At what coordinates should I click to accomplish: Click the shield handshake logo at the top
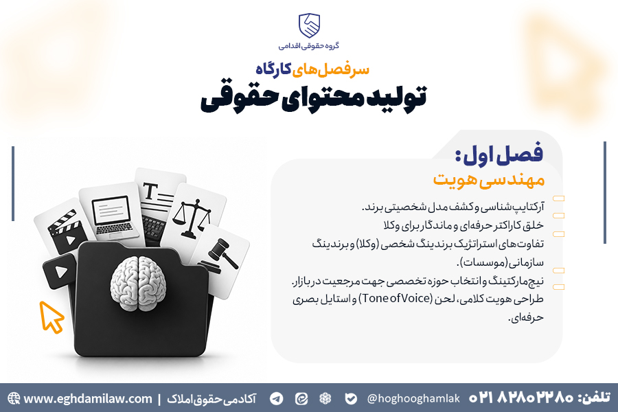309,25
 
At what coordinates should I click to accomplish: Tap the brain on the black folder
138,283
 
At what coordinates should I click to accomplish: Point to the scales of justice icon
192,218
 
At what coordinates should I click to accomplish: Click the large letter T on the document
150,192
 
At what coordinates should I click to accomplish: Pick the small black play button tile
60,271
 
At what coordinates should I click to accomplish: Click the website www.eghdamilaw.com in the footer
87,398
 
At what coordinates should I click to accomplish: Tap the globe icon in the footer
14,398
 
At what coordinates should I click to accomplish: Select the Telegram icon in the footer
277,398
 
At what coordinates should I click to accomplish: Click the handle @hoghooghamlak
413,398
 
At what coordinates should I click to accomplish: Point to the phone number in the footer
521,398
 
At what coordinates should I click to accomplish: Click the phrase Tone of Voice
396,299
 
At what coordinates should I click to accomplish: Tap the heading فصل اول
499,154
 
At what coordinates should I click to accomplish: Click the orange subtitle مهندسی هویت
489,180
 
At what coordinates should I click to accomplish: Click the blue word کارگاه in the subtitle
273,69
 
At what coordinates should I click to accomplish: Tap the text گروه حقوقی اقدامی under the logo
309,46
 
